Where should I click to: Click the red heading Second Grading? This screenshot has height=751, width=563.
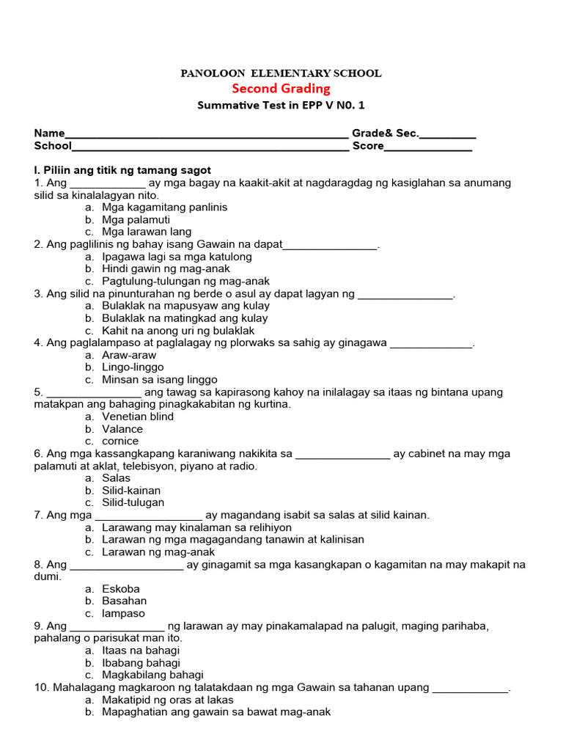click(281, 89)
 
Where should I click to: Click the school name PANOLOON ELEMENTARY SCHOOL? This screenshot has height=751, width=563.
click(281, 73)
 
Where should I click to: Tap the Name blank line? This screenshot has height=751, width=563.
click(207, 135)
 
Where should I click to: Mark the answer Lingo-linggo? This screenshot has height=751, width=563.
click(133, 367)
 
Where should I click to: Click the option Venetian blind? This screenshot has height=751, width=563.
click(138, 417)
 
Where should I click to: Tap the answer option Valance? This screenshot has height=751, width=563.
click(122, 429)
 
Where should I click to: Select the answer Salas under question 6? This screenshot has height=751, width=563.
click(116, 478)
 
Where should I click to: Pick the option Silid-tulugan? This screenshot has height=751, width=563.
click(133, 502)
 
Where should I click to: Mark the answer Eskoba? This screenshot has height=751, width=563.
click(121, 589)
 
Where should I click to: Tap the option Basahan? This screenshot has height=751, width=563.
click(124, 601)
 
